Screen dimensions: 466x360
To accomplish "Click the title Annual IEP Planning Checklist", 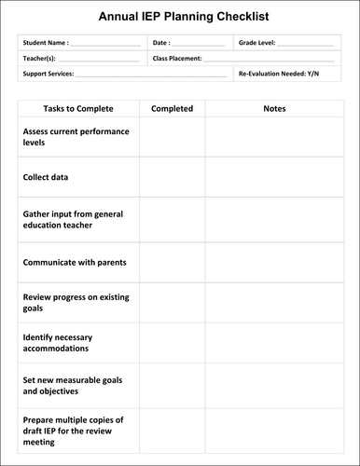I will pyautogui.click(x=179, y=16).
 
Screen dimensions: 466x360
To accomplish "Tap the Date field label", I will pyautogui.click(x=161, y=43).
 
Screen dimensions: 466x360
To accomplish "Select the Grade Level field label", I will pyautogui.click(x=256, y=43).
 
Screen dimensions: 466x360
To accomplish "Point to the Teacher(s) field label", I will pyautogui.click(x=40, y=58).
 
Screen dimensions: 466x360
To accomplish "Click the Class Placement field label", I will pyautogui.click(x=177, y=58).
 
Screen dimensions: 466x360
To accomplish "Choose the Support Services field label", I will pyautogui.click(x=48, y=73).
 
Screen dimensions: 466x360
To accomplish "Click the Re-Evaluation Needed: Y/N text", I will pyautogui.click(x=279, y=73).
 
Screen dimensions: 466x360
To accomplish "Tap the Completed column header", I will pyautogui.click(x=172, y=109).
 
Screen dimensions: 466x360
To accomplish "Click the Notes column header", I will pyautogui.click(x=274, y=109).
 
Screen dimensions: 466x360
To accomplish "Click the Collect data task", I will pyautogui.click(x=46, y=177).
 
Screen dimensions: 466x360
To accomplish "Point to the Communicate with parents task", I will pyautogui.click(x=75, y=262).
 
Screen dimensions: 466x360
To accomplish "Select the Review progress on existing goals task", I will pyautogui.click(x=76, y=302).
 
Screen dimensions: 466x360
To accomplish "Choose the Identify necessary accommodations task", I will pyautogui.click(x=70, y=343).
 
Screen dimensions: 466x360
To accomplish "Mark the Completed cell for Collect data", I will pyautogui.click(x=172, y=177).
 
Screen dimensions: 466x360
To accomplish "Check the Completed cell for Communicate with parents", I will pyautogui.click(x=172, y=262).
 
